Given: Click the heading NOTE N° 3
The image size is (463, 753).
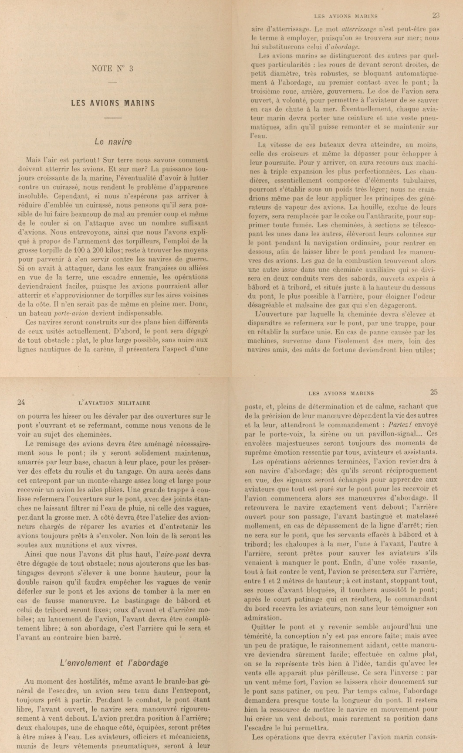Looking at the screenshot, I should (x=113, y=68).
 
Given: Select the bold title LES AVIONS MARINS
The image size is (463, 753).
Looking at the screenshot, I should (x=113, y=103).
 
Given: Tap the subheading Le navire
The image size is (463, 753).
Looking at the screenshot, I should (x=113, y=142).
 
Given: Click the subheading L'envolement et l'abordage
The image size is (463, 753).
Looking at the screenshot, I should (x=114, y=663).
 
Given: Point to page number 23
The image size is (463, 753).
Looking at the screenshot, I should (x=436, y=15).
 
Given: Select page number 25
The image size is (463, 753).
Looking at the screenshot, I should (x=434, y=392).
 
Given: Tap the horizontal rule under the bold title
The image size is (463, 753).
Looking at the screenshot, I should (x=113, y=119).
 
